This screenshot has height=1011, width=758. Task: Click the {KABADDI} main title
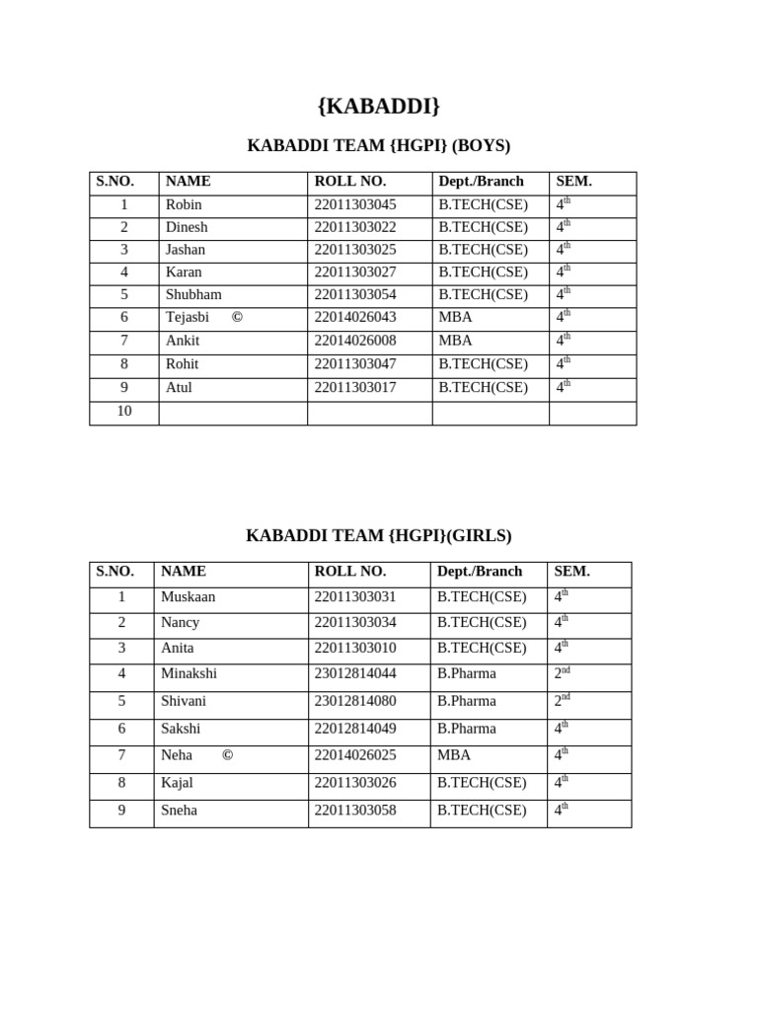[378, 106]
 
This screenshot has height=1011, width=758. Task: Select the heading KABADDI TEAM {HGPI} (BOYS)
[378, 146]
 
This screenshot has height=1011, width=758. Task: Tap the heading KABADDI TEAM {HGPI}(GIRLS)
[378, 536]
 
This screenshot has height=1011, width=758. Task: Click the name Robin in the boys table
[184, 205]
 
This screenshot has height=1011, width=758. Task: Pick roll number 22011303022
[354, 228]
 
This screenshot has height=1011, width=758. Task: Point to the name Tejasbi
[188, 318]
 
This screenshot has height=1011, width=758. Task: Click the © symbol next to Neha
[227, 756]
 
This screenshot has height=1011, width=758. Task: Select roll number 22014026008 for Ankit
[354, 342]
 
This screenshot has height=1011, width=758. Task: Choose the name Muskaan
[188, 597]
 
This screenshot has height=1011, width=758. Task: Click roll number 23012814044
[354, 674]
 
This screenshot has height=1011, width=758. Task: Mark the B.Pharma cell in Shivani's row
[466, 702]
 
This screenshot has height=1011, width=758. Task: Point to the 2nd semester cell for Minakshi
[563, 674]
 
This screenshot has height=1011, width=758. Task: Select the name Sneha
[179, 812]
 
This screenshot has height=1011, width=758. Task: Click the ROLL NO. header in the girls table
[349, 572]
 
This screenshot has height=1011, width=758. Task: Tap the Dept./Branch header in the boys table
[481, 182]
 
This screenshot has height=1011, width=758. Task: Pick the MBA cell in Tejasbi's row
[455, 318]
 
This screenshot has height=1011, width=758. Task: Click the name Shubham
[193, 295]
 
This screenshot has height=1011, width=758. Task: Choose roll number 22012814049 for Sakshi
[354, 730]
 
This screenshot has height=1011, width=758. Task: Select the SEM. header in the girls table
[571, 572]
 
